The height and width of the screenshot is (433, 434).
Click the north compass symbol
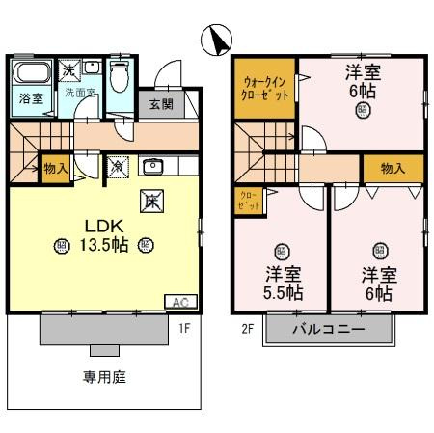tap(218, 41)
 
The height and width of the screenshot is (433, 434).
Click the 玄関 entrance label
tap(160, 103)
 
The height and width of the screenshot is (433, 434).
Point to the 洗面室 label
tap(81, 94)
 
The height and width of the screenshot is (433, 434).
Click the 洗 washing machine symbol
tap(69, 68)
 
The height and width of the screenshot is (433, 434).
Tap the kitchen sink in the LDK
tap(152, 166)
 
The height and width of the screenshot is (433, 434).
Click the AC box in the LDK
tap(180, 301)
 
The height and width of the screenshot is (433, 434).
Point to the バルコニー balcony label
tap(329, 329)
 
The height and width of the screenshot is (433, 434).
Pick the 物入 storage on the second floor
tap(393, 168)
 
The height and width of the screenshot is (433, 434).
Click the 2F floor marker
tap(247, 328)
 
